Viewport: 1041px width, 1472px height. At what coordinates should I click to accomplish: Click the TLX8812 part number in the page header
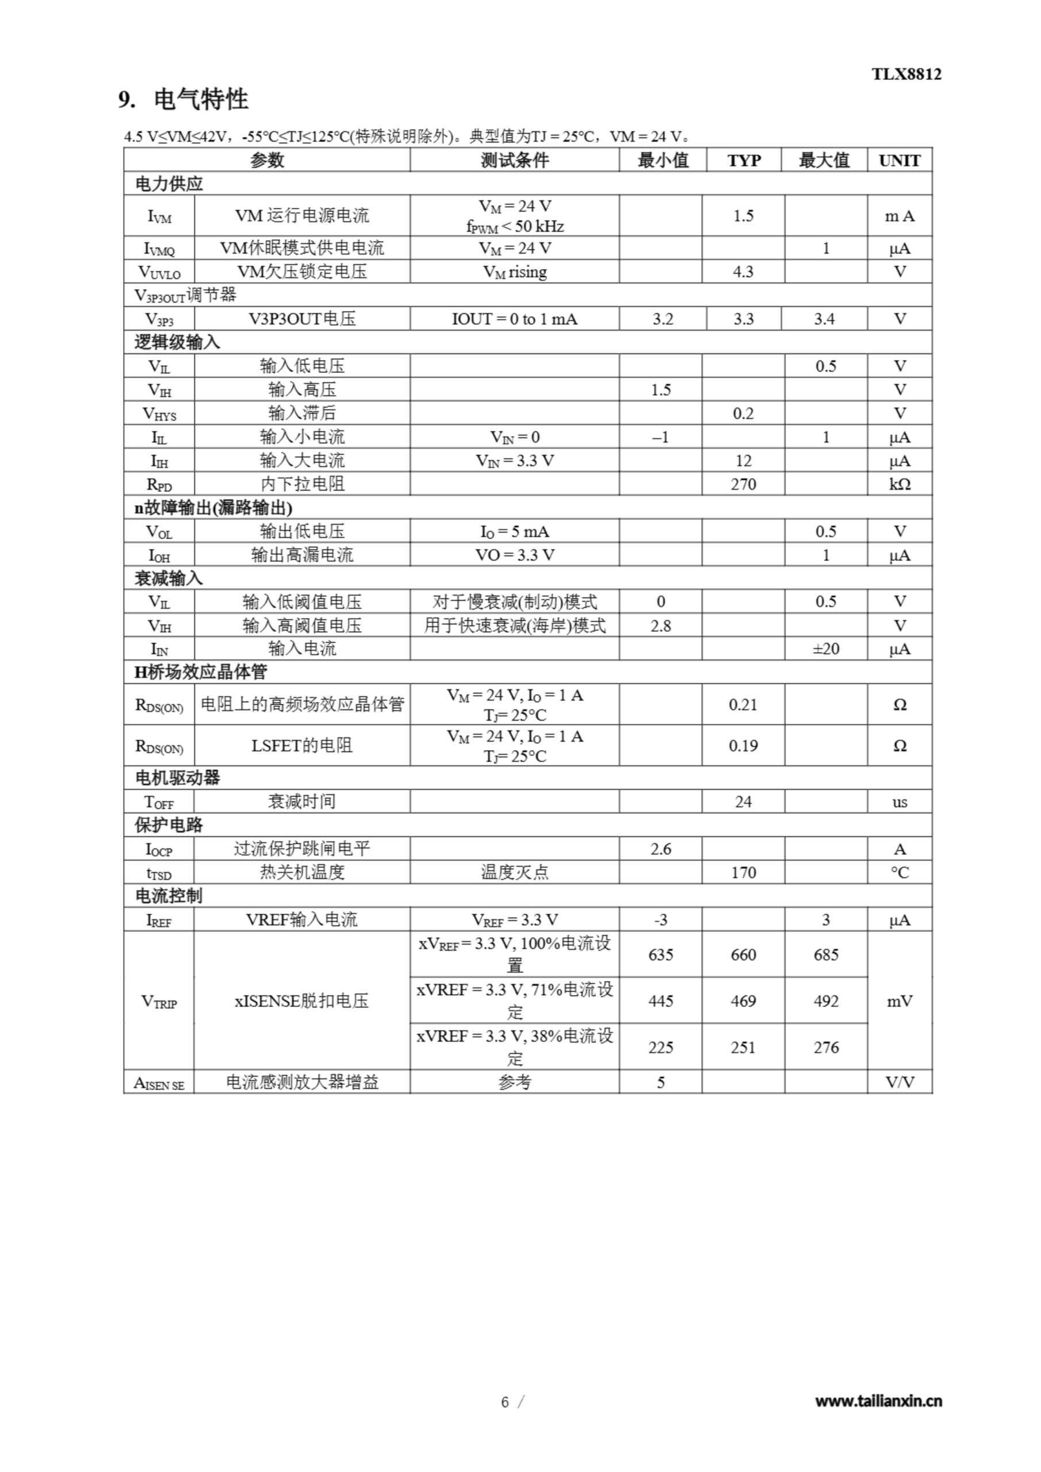[x=906, y=74]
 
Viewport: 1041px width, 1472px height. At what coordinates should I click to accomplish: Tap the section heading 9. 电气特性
[x=183, y=99]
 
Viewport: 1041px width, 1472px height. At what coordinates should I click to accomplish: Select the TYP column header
[x=744, y=160]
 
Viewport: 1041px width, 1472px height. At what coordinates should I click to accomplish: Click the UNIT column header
[x=900, y=160]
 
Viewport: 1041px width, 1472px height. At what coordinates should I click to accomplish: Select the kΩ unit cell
[x=900, y=484]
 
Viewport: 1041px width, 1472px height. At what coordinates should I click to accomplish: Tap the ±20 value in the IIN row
[x=825, y=649]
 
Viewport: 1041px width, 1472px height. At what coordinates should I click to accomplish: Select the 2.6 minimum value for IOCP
[x=661, y=849]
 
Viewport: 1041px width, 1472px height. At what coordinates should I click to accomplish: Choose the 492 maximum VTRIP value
[x=825, y=1000]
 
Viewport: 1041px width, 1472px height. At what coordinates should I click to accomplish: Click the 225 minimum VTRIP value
[x=661, y=1048]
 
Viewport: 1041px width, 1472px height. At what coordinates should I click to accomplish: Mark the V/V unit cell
[x=900, y=1082]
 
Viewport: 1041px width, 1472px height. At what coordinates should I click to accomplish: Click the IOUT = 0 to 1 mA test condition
[x=514, y=319]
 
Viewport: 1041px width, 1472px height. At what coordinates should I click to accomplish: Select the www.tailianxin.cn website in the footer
[x=878, y=1401]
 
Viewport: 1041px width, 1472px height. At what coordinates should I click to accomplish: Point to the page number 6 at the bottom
[x=505, y=1402]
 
